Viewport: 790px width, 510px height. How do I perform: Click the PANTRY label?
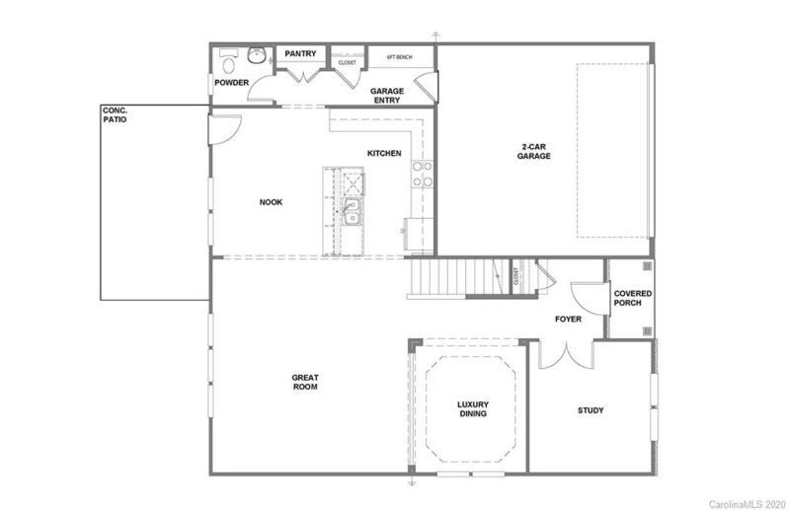coord(300,53)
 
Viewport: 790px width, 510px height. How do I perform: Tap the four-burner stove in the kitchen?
coord(423,174)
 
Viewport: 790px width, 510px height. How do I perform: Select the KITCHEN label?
coord(384,154)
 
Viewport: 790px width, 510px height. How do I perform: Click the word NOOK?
coord(271,202)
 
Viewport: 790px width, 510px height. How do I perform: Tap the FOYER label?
coord(567,320)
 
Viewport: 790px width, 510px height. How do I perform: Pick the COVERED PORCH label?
coord(629,298)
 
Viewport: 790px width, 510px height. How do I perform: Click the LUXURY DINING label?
coord(473,408)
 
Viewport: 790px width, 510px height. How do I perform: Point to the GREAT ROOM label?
coord(304,382)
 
